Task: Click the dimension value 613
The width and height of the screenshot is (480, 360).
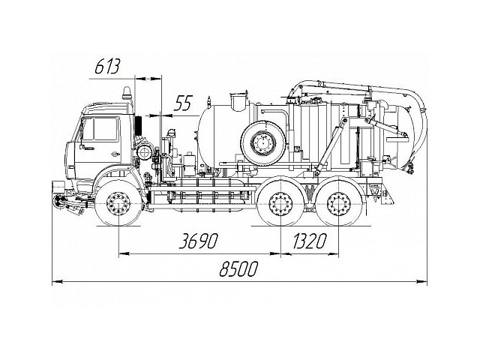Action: click(x=108, y=67)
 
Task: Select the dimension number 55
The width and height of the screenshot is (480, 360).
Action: click(x=183, y=104)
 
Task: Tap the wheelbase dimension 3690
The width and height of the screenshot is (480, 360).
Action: click(x=198, y=241)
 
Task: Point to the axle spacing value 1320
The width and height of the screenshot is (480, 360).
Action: click(x=310, y=241)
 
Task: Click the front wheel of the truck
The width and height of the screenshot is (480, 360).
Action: click(x=118, y=203)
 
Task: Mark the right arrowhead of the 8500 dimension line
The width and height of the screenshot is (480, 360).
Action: click(x=424, y=282)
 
